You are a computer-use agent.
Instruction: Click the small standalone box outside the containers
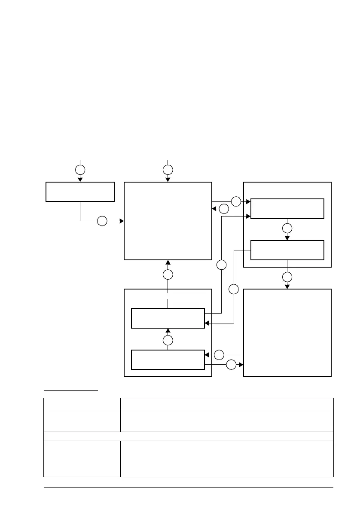80,192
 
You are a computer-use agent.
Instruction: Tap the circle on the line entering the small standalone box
80,169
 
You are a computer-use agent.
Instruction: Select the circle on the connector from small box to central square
102,221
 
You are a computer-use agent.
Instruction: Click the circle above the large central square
168,169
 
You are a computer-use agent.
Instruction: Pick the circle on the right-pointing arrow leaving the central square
236,201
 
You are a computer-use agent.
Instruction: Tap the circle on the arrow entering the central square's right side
223,209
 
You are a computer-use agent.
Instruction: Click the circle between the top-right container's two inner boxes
287,229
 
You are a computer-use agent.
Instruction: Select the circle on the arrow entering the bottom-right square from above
287,277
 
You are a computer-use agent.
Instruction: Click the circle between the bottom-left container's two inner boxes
168,341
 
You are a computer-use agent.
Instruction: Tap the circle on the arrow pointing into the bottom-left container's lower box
219,355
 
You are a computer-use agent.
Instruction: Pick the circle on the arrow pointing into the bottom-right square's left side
231,366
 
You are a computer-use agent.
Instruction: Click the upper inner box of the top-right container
287,209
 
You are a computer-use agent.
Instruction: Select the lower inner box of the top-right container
287,250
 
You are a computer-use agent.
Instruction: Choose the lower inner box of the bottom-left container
168,360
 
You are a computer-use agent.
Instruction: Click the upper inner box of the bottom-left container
168,318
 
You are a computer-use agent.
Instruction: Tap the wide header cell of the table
227,404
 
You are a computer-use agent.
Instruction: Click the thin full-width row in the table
189,436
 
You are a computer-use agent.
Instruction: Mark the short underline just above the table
71,390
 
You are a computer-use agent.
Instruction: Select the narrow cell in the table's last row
82,459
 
